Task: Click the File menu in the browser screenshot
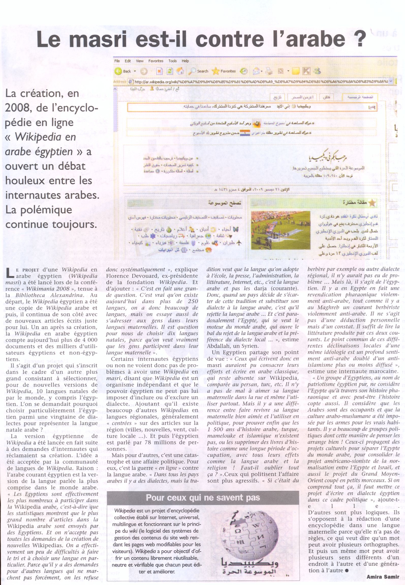tap(117, 61)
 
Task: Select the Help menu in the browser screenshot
tap(185, 61)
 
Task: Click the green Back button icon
tap(118, 71)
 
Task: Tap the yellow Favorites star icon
tap(215, 71)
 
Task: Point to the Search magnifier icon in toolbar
tap(193, 71)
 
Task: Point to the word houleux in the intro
tap(23, 180)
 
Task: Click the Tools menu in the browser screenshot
tap(173, 61)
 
